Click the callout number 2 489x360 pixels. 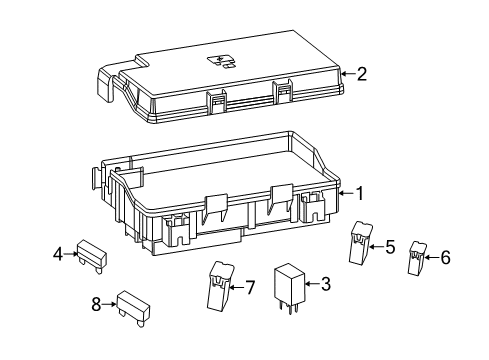(x=362, y=73)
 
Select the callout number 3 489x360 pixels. (x=326, y=284)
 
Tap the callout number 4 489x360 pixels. (x=58, y=253)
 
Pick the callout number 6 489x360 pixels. (x=445, y=258)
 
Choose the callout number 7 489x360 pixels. (x=250, y=287)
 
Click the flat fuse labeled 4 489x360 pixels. (x=92, y=254)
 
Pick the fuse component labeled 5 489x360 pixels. (x=360, y=243)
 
